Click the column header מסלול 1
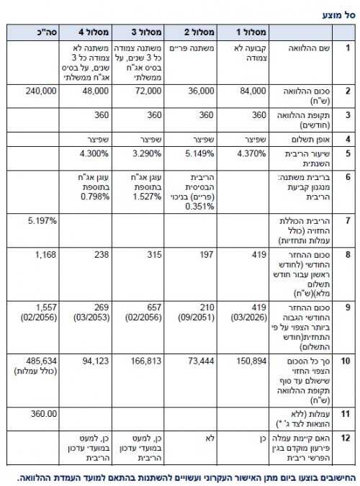click(x=253, y=33)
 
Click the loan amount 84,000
click(x=256, y=91)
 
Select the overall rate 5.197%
click(x=42, y=220)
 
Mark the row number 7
click(x=347, y=220)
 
